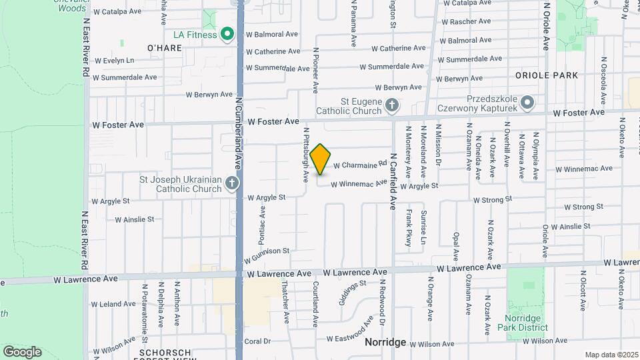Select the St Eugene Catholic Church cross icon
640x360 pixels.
393,105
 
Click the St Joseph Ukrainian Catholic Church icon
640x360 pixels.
231,183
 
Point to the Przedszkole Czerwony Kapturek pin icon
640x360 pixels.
528,103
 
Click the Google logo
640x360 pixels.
22,351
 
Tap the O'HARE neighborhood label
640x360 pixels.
164,48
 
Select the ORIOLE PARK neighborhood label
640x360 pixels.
551,75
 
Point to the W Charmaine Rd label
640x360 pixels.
360,164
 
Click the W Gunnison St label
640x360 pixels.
267,254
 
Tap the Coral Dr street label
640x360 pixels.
257,341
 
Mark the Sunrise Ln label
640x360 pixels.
423,228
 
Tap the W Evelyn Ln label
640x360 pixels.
114,61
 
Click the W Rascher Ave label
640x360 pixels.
465,22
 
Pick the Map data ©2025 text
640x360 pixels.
611,355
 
